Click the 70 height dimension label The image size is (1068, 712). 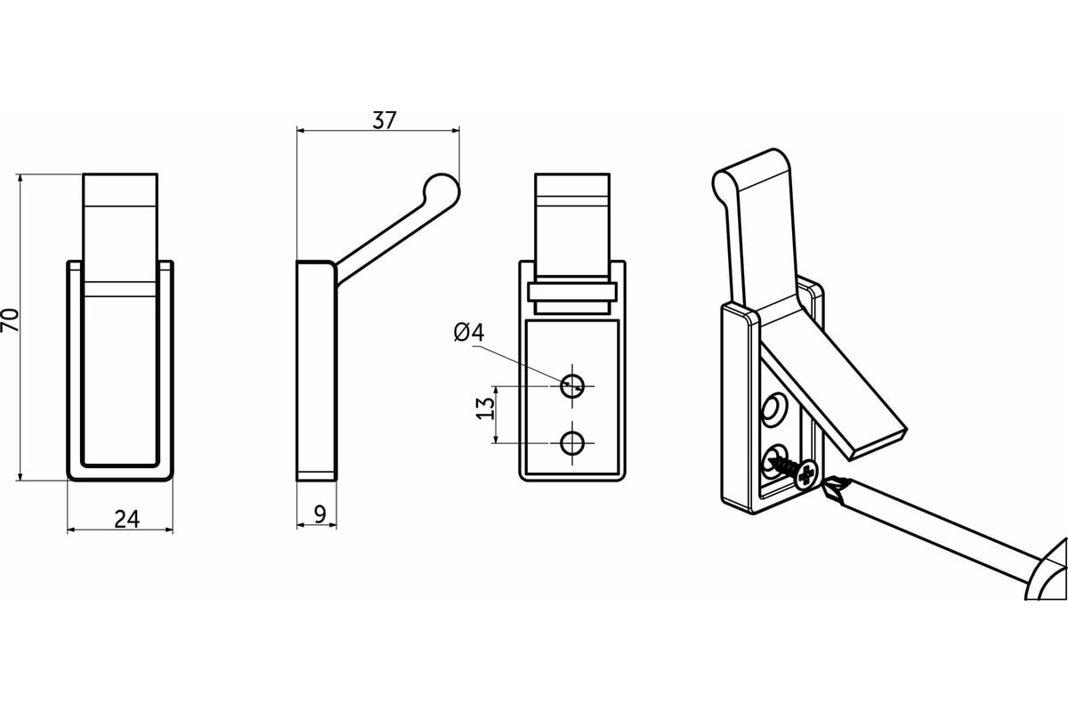(10, 320)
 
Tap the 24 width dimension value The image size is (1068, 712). (126, 520)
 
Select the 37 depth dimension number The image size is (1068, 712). (384, 121)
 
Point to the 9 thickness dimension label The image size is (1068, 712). (320, 514)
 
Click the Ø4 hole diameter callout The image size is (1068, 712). (469, 332)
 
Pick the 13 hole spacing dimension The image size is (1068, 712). (485, 409)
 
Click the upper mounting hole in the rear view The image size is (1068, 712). (572, 385)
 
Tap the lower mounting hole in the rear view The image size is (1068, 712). (572, 443)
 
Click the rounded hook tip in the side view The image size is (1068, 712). (442, 190)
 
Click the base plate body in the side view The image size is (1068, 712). (317, 370)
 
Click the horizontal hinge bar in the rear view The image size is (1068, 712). (572, 292)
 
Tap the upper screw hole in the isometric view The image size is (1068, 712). (773, 409)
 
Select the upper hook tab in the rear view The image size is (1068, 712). (572, 225)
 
